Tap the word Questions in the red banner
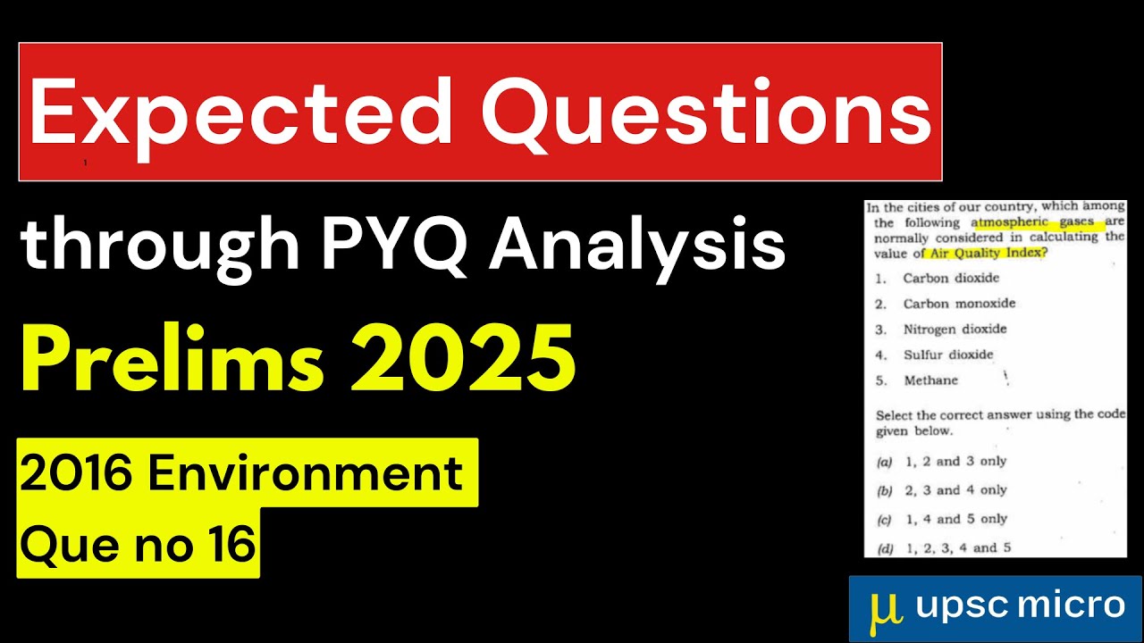pyautogui.click(x=706, y=113)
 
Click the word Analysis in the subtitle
pyautogui.click(x=636, y=245)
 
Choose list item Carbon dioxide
pyautogui.click(x=951, y=278)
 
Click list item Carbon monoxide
pyautogui.click(x=959, y=304)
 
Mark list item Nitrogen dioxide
pyautogui.click(x=955, y=329)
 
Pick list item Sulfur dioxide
pyautogui.click(x=947, y=355)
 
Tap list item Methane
pyautogui.click(x=930, y=380)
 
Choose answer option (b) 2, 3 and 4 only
pyautogui.click(x=955, y=490)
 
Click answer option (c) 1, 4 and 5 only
pyautogui.click(x=955, y=519)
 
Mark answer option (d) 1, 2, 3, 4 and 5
pyautogui.click(x=957, y=547)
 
